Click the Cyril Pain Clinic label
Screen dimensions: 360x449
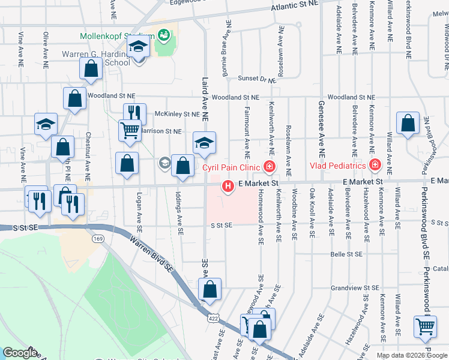(x=231, y=167)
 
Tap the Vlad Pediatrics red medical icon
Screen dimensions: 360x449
(x=375, y=164)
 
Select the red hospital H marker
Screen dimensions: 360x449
(x=228, y=187)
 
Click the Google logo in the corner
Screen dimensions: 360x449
(x=20, y=353)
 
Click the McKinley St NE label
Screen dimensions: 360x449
(x=176, y=113)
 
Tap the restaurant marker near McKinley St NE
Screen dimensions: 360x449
(x=135, y=113)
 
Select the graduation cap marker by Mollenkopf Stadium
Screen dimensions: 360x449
(x=139, y=46)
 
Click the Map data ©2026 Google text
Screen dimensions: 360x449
(x=412, y=355)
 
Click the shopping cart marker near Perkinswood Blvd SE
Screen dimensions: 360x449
(x=425, y=326)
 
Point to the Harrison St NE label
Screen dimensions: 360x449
(x=161, y=131)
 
